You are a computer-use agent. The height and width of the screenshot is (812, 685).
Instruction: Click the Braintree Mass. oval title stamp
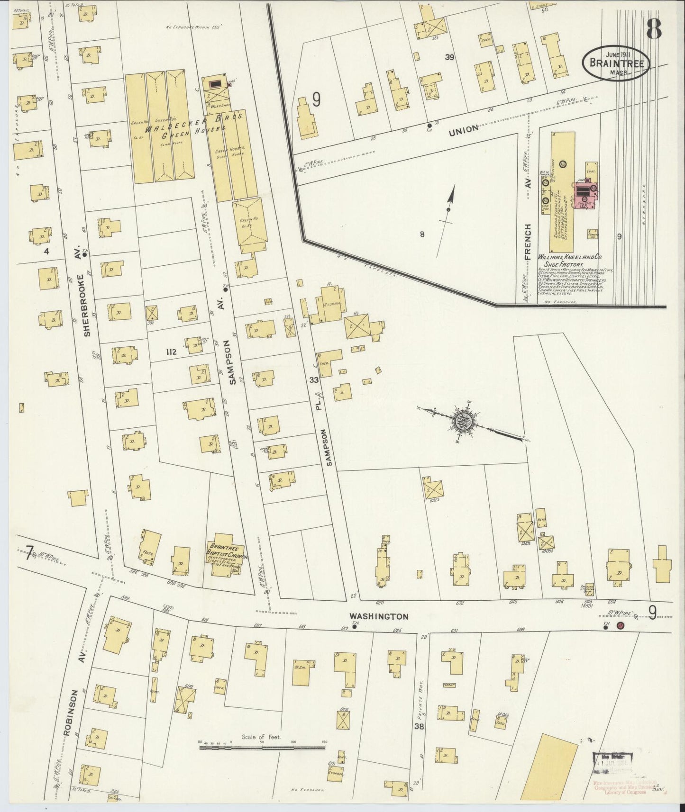pos(616,63)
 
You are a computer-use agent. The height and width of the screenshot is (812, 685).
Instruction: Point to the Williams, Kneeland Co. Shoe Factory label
pos(569,260)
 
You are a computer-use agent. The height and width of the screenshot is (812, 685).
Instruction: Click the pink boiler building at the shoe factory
pos(586,195)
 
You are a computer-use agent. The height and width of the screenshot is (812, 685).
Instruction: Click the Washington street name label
pos(378,616)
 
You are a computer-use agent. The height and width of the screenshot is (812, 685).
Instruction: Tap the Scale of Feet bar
pos(262,748)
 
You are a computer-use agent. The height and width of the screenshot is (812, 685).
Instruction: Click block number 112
pos(171,352)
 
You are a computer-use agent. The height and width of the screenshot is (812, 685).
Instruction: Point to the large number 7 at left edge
pos(30,552)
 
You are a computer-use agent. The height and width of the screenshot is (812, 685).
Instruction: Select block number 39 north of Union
pos(450,57)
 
